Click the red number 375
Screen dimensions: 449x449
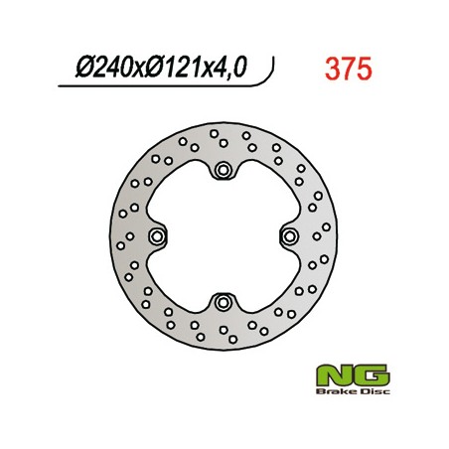tap(349, 69)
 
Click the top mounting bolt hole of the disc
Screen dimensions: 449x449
tap(224, 170)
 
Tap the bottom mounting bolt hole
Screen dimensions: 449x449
tap(223, 302)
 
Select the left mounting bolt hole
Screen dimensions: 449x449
tap(157, 236)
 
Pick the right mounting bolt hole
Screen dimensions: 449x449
tap(290, 236)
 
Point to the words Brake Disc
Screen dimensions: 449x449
tap(353, 392)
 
